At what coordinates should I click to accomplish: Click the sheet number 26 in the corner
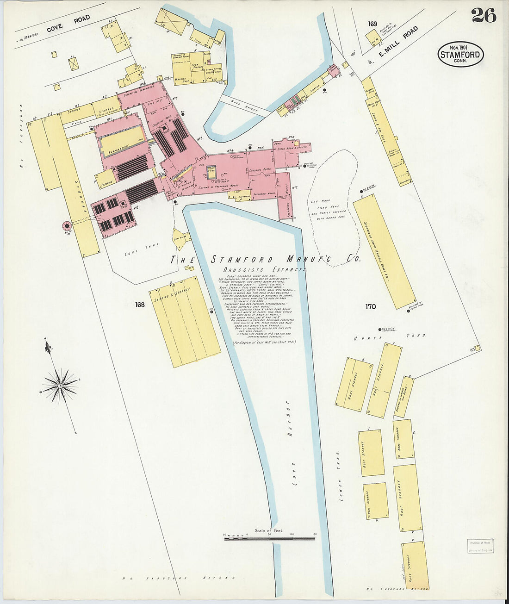pyautogui.click(x=484, y=16)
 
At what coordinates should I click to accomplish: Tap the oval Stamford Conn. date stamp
pyautogui.click(x=460, y=54)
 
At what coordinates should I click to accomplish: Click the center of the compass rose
pyautogui.click(x=60, y=386)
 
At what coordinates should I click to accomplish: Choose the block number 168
pyautogui.click(x=140, y=305)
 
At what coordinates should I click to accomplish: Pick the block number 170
pyautogui.click(x=370, y=306)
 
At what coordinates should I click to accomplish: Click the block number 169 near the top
pyautogui.click(x=372, y=24)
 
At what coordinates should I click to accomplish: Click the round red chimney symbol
pyautogui.click(x=67, y=226)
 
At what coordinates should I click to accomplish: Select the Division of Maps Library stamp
pyautogui.click(x=479, y=546)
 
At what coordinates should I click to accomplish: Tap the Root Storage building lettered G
pyautogui.click(x=376, y=501)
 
